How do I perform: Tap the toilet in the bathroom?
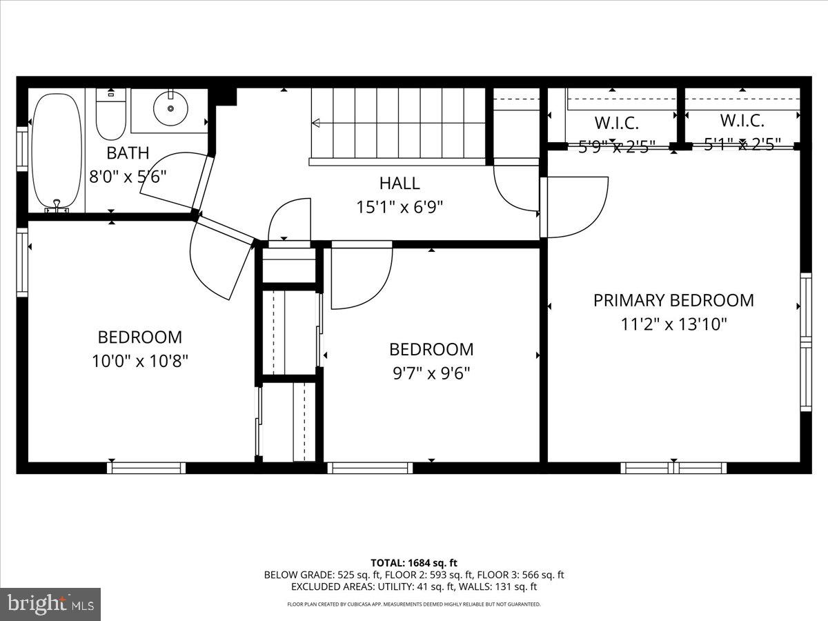pos(110,116)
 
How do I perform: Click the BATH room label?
pos(128,153)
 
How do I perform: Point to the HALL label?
pos(400,184)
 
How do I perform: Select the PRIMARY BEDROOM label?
pos(673,301)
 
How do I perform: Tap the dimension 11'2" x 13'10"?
pos(673,324)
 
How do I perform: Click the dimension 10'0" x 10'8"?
pos(140,360)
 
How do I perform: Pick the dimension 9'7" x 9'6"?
pos(431,373)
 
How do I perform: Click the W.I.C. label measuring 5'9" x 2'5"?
pos(616,124)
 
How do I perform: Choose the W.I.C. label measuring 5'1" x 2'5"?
pos(742,121)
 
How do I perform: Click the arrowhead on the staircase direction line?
pos(316,124)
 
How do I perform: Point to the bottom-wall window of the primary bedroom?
pos(673,468)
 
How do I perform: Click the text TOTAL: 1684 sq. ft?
pos(414,562)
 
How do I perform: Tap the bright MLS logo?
pos(50,604)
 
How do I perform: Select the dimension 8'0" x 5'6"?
pos(128,176)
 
